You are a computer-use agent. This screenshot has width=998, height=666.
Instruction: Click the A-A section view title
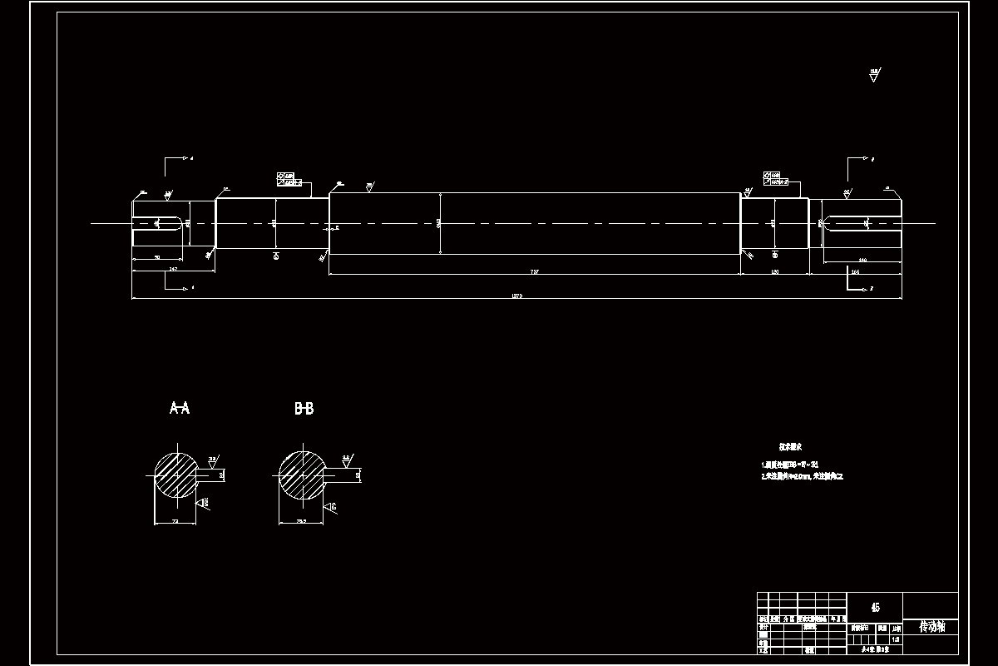click(x=180, y=408)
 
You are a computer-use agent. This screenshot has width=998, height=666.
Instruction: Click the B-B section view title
click(x=304, y=408)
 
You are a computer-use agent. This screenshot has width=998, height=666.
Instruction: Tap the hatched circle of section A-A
click(x=175, y=475)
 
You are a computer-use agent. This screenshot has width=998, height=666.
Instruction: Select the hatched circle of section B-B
click(x=301, y=475)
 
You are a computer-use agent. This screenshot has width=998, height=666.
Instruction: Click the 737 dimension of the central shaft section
click(x=534, y=271)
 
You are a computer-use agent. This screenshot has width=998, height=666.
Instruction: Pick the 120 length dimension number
click(x=774, y=271)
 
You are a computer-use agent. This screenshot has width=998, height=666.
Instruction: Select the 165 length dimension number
click(x=855, y=271)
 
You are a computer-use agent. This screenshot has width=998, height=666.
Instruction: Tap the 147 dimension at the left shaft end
click(x=173, y=269)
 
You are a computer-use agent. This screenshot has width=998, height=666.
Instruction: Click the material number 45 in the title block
click(x=874, y=607)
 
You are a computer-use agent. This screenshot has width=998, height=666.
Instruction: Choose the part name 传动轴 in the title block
click(x=931, y=626)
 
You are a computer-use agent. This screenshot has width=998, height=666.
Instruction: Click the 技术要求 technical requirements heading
click(x=790, y=447)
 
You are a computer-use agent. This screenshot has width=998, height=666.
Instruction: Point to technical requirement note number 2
click(x=803, y=477)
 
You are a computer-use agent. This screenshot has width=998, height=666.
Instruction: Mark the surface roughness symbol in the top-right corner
click(x=874, y=76)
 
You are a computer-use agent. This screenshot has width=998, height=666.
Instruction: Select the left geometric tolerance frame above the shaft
click(x=289, y=179)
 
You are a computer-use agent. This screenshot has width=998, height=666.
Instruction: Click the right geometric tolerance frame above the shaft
click(x=776, y=179)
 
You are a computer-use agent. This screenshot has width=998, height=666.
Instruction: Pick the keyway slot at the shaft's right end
click(x=862, y=223)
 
